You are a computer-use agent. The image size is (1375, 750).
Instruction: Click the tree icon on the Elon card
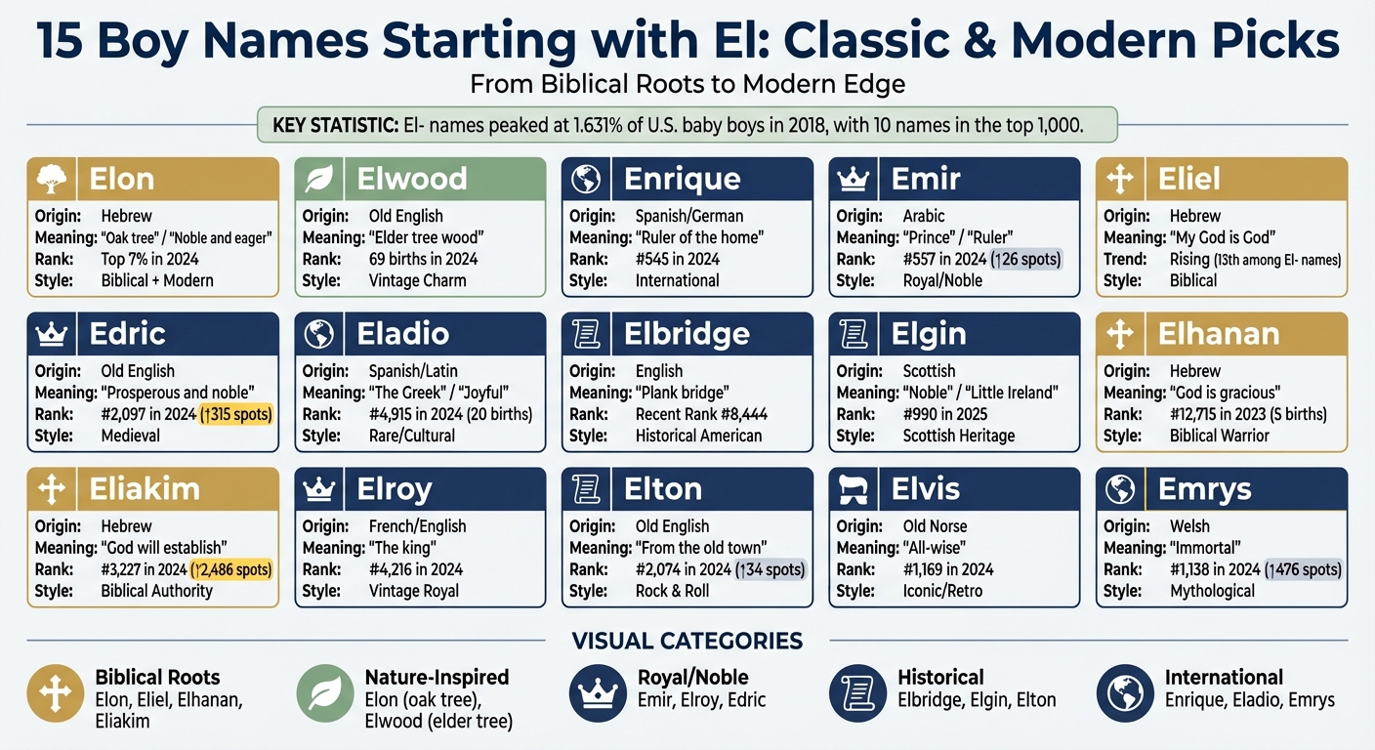pyautogui.click(x=50, y=180)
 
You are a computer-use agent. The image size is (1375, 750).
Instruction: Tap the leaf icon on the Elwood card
pyautogui.click(x=318, y=180)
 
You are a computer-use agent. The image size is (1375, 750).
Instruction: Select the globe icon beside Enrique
pyautogui.click(x=586, y=180)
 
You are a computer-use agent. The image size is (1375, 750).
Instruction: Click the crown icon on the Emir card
pyautogui.click(x=854, y=180)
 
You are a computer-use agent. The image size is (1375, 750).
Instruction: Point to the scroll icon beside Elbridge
pyautogui.click(x=586, y=335)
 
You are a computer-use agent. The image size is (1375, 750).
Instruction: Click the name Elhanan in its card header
pyautogui.click(x=1219, y=334)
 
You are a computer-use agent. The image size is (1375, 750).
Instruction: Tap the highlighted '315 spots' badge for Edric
pyautogui.click(x=235, y=414)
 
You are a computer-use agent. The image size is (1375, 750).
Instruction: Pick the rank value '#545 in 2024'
pyautogui.click(x=677, y=259)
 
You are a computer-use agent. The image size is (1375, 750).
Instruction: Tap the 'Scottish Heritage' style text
pyautogui.click(x=958, y=436)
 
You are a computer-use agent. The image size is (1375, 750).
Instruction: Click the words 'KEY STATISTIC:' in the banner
pyautogui.click(x=332, y=125)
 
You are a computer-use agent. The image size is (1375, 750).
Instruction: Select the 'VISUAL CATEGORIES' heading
pyautogui.click(x=687, y=642)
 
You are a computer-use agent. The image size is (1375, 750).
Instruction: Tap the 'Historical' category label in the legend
pyautogui.click(x=940, y=678)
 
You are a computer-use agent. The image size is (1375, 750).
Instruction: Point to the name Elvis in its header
pyautogui.click(x=926, y=489)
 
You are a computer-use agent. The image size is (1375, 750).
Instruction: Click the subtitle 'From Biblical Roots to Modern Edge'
pyautogui.click(x=687, y=84)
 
